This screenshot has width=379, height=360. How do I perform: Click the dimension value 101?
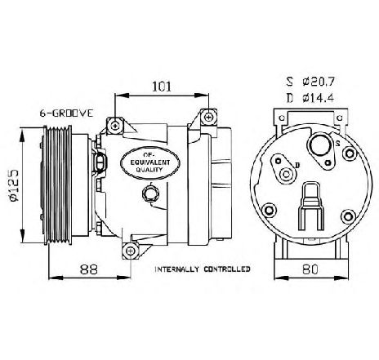tap(162, 87)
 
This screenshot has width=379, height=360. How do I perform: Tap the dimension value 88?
tap(89, 269)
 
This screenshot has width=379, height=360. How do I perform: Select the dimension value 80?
tap(310, 269)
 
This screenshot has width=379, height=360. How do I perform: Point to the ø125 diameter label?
tap(13, 186)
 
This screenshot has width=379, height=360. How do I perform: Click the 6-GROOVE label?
tap(66, 113)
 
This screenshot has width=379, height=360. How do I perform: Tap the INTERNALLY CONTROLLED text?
tap(203, 269)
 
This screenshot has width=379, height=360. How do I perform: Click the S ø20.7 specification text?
tap(310, 82)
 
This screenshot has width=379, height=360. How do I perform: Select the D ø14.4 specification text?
tap(310, 98)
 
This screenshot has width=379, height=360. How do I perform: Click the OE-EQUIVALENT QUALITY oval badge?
tap(149, 162)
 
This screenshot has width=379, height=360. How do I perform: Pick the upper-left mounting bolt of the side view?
tap(115, 126)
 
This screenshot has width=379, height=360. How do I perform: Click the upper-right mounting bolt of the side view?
tap(209, 118)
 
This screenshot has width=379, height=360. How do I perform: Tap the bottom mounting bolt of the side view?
tap(131, 251)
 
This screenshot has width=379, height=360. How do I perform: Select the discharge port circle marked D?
tap(286, 174)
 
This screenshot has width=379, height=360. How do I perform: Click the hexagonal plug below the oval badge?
tap(150, 193)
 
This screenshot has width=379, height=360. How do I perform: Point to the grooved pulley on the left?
tap(58, 184)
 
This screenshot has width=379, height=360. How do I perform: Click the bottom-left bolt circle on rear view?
tap(269, 211)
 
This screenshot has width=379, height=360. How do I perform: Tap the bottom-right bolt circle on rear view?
tap(348, 216)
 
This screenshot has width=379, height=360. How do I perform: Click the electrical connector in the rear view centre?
tap(311, 206)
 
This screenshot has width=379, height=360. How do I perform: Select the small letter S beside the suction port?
tap(337, 144)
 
